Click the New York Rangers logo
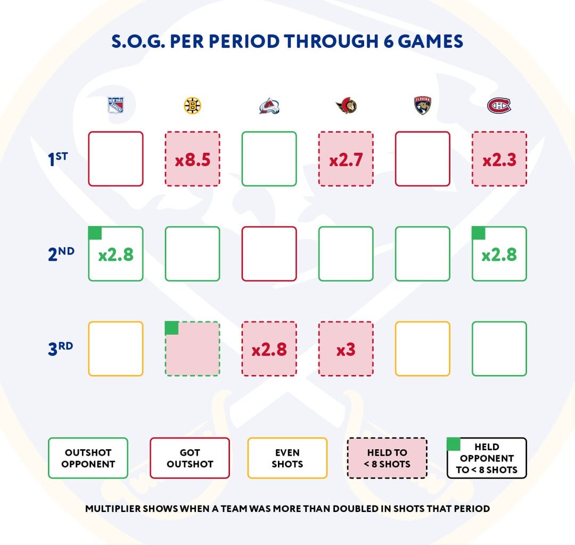coord(116,105)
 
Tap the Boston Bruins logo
coord(192,105)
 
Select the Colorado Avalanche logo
coord(269,105)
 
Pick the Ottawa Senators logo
coord(346,105)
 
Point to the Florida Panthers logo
coord(423,105)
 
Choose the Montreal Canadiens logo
coord(499,105)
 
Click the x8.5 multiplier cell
coord(192,159)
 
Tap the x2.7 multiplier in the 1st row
coord(346,159)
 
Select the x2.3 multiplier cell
coord(499,159)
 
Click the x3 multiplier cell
coord(346,349)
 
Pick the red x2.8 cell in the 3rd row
coord(269,349)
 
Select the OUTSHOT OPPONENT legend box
coord(88,458)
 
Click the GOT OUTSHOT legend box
coord(190,458)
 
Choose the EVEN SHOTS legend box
coord(287,458)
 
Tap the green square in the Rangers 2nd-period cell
coord(95,233)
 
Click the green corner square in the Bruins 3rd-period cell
coord(171,328)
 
